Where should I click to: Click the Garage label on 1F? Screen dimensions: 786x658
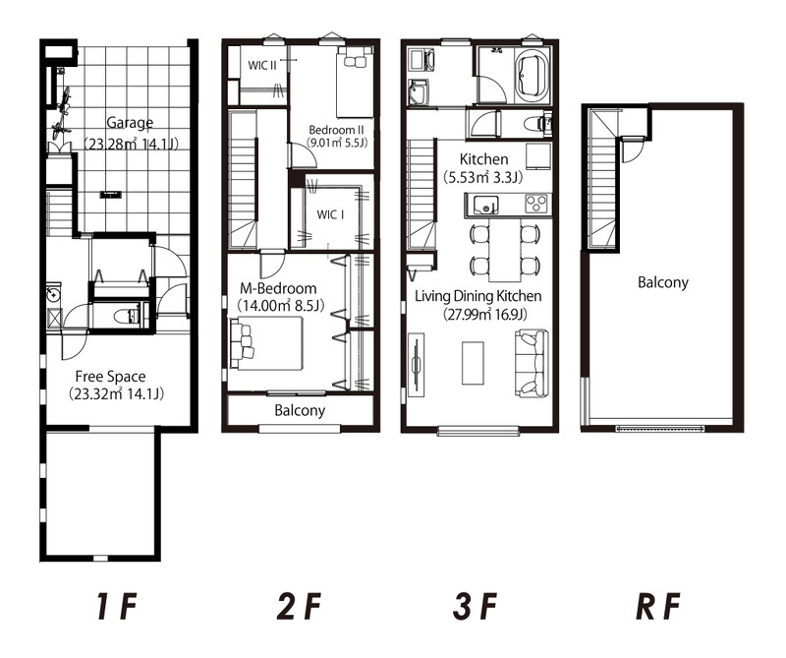(130, 123)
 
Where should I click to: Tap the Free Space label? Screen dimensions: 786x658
(110, 377)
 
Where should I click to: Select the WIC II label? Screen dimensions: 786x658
(262, 66)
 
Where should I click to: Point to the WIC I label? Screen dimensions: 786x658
(330, 214)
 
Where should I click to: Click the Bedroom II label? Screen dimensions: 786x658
(336, 130)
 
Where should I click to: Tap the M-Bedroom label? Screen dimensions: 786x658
(278, 288)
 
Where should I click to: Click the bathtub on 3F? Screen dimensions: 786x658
(533, 78)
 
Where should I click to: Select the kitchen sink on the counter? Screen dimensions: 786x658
(483, 206)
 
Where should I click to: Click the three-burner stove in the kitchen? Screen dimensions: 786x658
(536, 204)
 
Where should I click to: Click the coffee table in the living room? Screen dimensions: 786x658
(473, 363)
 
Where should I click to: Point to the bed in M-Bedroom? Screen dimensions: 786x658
(265, 343)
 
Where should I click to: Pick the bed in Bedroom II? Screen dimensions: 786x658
(355, 82)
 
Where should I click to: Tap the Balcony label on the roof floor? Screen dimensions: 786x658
(662, 282)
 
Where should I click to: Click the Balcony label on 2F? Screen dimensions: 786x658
(300, 410)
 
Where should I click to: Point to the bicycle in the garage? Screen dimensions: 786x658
(61, 114)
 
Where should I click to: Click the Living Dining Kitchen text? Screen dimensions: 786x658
(477, 296)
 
